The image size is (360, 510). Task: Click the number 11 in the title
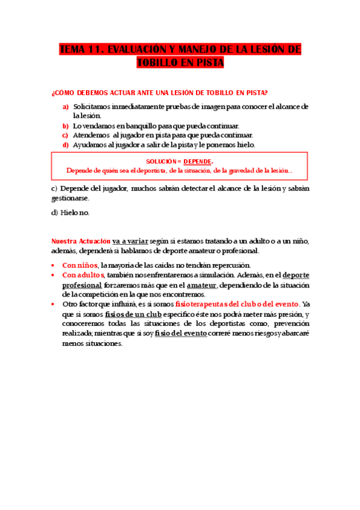(x=102, y=49)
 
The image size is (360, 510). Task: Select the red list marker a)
(x=66, y=106)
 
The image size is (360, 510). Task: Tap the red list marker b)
(x=66, y=126)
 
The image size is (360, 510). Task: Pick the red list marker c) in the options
(x=66, y=135)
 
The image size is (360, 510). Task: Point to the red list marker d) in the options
(x=66, y=145)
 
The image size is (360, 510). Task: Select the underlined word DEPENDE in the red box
(x=197, y=162)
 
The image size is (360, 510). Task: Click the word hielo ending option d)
(x=246, y=145)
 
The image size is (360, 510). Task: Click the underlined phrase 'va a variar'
(x=130, y=241)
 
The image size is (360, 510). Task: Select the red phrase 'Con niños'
(x=80, y=265)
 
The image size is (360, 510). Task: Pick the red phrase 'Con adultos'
(x=84, y=275)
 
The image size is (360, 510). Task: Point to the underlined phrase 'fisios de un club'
(x=131, y=314)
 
